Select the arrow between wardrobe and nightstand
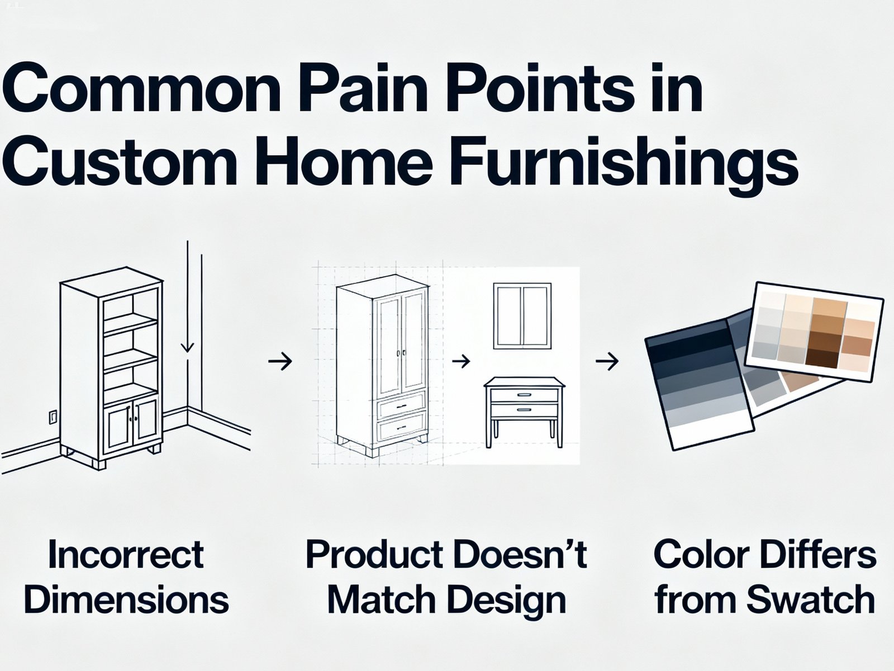pos(460,362)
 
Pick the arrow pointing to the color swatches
pos(607,362)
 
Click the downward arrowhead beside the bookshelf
pos(188,347)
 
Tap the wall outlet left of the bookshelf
pos(53,417)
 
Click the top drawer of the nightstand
pos(524,395)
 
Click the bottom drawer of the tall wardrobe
pos(401,428)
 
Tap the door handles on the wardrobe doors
pos(401,353)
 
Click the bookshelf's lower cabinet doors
pos(132,423)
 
